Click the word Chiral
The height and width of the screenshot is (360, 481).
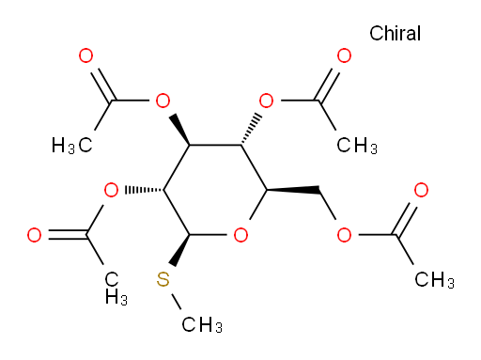click(x=395, y=33)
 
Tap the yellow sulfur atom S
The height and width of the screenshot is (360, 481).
click(x=163, y=279)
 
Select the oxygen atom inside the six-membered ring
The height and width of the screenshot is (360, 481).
click(x=240, y=235)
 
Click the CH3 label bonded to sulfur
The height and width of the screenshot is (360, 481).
click(x=202, y=324)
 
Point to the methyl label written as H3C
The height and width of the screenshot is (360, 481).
click(x=72, y=146)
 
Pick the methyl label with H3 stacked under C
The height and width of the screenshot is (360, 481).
click(x=116, y=289)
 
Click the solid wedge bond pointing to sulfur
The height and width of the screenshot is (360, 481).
click(x=180, y=250)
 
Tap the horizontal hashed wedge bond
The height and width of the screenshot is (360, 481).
click(x=144, y=190)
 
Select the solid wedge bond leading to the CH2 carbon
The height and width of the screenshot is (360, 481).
click(x=293, y=190)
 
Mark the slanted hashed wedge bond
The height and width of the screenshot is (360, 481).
click(x=252, y=130)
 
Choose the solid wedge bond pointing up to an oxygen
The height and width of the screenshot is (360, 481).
click(x=179, y=130)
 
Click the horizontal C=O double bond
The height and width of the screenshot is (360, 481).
click(x=68, y=235)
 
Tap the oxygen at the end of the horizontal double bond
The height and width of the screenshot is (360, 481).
click(x=34, y=235)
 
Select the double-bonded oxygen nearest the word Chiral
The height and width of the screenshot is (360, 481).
click(x=344, y=55)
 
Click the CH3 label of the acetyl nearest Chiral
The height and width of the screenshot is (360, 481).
click(x=357, y=146)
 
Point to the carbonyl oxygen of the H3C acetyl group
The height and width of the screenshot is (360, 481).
click(x=85, y=55)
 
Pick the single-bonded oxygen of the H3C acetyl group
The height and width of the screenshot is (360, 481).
click(x=163, y=101)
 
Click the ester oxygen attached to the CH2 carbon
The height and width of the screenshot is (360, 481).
click(x=344, y=235)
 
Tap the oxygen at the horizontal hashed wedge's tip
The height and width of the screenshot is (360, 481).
click(x=111, y=190)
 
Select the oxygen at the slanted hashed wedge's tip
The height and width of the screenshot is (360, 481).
click(x=267, y=101)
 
